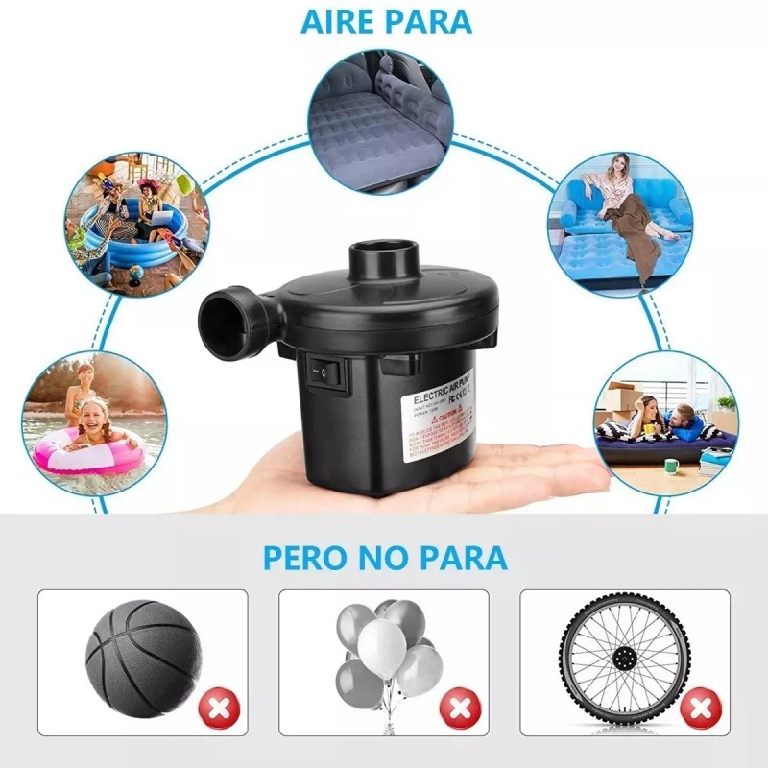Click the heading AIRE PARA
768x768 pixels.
pos(386,21)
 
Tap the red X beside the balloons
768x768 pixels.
pos(459,711)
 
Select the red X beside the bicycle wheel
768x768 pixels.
pos(702,711)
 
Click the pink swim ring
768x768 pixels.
pos(86,451)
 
